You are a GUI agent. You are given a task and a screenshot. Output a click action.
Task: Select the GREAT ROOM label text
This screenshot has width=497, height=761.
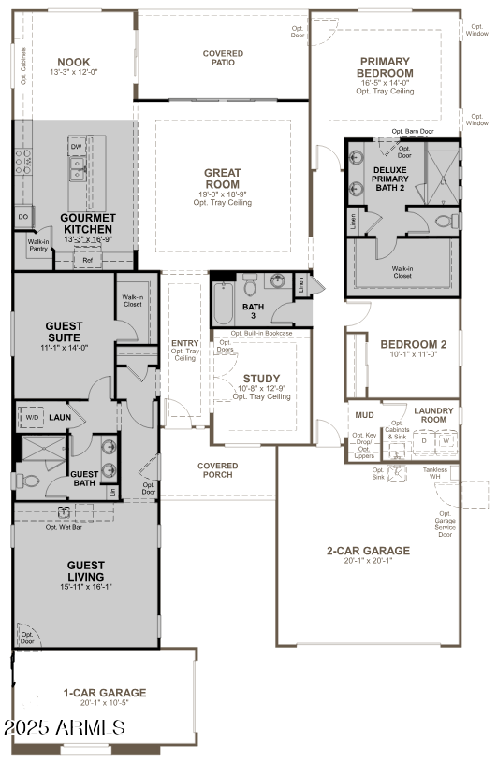223,178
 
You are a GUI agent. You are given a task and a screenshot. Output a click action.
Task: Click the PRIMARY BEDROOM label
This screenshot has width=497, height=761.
386,66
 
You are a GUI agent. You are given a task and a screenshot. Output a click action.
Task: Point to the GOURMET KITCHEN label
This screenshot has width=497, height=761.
86,223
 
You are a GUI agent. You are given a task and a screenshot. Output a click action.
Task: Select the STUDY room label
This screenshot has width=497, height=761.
255,379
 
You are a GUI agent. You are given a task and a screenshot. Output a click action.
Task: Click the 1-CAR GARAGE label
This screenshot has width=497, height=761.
104,693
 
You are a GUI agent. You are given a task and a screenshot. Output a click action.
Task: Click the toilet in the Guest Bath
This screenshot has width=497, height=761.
27,481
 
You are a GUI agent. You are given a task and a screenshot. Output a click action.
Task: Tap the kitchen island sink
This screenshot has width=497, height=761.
78,168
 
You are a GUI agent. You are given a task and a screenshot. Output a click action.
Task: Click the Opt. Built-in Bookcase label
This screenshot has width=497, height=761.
261,333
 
